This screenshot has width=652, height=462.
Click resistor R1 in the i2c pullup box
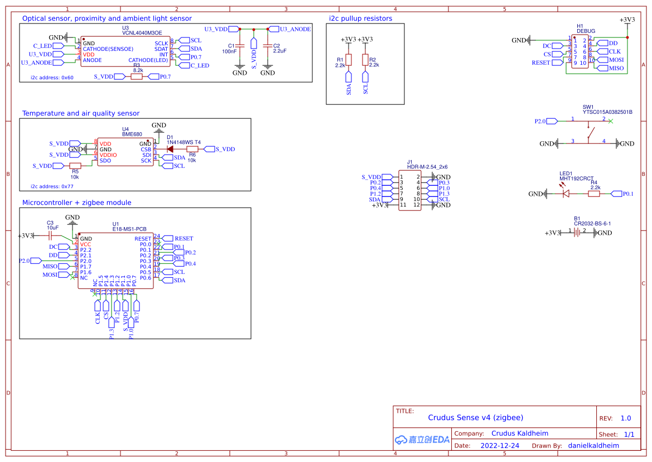349,60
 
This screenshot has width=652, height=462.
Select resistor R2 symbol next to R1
365,60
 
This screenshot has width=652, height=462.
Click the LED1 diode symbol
566,194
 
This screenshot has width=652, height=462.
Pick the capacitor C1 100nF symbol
240,46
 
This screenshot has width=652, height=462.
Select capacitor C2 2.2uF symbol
268,46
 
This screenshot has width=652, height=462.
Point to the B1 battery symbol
577,233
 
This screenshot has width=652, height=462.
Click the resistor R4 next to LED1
594,194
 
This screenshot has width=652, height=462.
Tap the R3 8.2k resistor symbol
137,76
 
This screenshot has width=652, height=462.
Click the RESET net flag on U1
181,239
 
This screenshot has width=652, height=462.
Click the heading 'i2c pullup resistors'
360,18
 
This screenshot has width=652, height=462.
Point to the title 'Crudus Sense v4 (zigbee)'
475,417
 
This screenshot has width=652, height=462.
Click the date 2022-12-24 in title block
500,446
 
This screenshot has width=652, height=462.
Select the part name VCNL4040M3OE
142,33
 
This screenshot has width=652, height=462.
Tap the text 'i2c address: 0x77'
52,186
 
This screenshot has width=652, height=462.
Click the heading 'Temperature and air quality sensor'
81,113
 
